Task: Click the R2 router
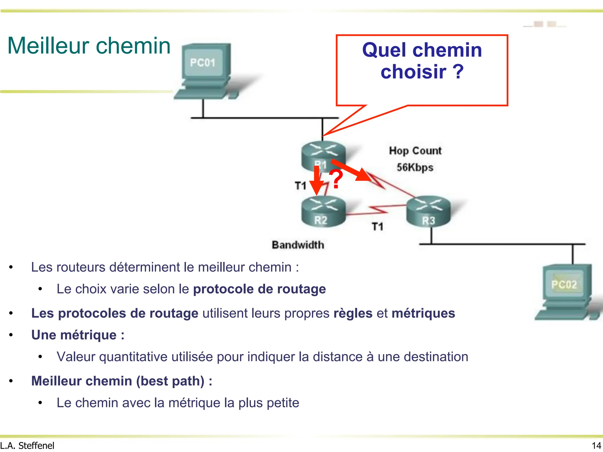pyautogui.click(x=323, y=211)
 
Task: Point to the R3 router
pyautogui.click(x=428, y=211)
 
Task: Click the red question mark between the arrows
pyautogui.click(x=336, y=179)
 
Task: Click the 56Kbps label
pyautogui.click(x=415, y=167)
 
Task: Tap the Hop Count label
pyautogui.click(x=415, y=151)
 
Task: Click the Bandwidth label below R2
pyautogui.click(x=298, y=245)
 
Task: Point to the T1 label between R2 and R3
pyautogui.click(x=377, y=227)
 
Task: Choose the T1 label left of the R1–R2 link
pyautogui.click(x=301, y=186)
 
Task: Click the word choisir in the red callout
pyautogui.click(x=413, y=72)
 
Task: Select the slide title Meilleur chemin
pyautogui.click(x=89, y=46)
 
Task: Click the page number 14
pyautogui.click(x=596, y=446)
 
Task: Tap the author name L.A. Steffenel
pyautogui.click(x=27, y=446)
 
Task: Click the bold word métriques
pyautogui.click(x=423, y=313)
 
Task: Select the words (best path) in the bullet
pyautogui.click(x=170, y=381)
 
